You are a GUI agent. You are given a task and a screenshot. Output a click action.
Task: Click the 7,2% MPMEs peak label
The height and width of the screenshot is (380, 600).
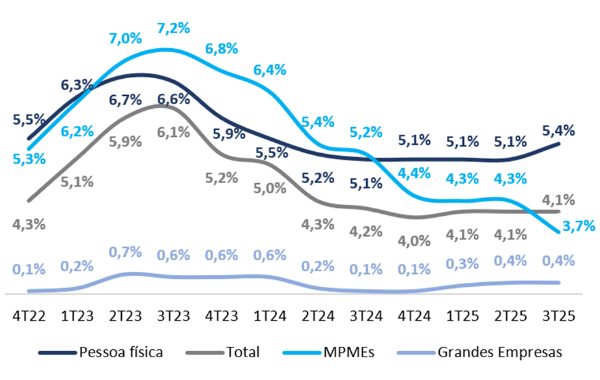(173, 29)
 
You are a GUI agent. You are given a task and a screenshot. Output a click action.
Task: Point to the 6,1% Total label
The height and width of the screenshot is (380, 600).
(173, 132)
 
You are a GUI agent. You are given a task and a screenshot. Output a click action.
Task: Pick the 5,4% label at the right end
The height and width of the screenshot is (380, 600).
(559, 130)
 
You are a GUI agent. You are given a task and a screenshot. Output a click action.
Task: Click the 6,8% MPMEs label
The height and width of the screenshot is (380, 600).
(221, 49)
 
